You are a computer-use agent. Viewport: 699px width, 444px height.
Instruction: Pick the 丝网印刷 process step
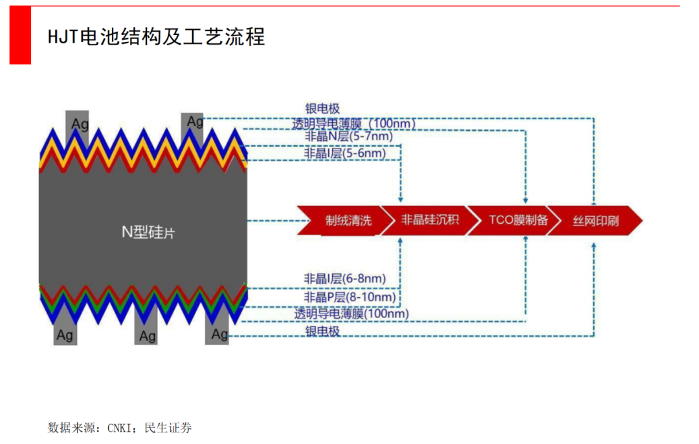click(595, 221)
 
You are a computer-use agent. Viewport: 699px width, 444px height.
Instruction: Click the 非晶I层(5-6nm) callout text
click(344, 154)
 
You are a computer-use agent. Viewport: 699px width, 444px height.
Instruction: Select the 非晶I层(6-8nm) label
click(344, 279)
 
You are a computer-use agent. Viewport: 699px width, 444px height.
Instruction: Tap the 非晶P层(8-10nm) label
click(349, 297)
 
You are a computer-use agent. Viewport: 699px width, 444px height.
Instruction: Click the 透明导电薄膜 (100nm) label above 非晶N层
click(353, 123)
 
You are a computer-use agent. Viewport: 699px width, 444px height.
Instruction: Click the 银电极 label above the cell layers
click(322, 109)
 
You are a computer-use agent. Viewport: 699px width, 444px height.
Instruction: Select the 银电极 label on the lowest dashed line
click(322, 332)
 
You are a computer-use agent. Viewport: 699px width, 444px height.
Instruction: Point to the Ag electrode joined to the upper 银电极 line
click(194, 121)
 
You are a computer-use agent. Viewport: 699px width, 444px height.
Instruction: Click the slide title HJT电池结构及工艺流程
click(156, 37)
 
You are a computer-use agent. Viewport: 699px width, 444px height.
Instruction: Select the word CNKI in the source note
click(119, 428)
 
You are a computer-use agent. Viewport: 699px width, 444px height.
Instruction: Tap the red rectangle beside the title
click(20, 36)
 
